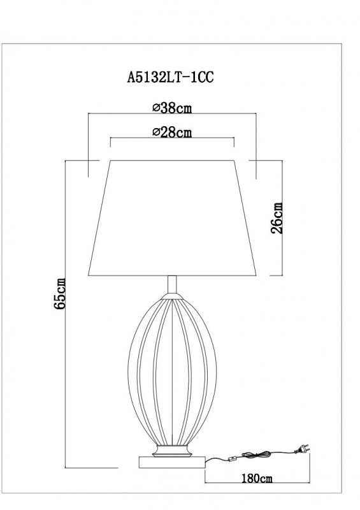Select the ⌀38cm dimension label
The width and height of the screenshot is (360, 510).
point(172,108)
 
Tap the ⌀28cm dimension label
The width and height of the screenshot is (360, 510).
point(172,132)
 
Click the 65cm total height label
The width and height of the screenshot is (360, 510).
point(61,294)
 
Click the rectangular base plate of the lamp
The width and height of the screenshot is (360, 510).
point(171,461)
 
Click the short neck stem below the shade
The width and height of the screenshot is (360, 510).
point(171,286)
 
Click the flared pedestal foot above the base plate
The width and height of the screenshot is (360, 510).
point(171,450)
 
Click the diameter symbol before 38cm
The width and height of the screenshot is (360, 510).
point(156,108)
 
